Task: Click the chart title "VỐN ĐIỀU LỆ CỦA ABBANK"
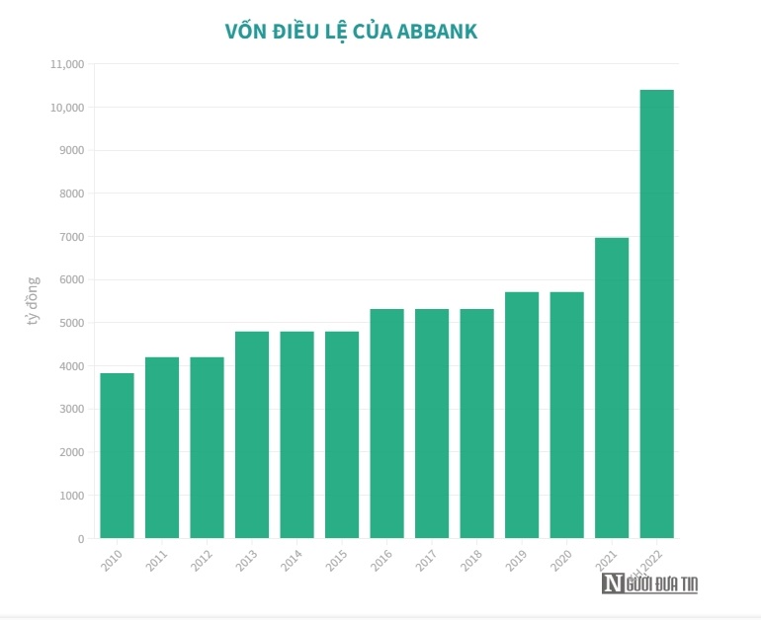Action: [x=352, y=32]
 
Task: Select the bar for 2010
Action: [x=117, y=455]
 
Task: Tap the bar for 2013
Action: [x=252, y=434]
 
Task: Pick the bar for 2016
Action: [x=386, y=424]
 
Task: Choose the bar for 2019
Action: [x=522, y=415]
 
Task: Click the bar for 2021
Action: [x=612, y=388]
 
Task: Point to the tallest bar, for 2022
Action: [x=657, y=314]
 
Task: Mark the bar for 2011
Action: [x=162, y=447]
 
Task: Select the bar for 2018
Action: [x=476, y=424]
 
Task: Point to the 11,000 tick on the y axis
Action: [x=67, y=64]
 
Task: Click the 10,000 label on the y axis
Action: [x=67, y=108]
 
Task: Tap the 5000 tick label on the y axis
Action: [x=71, y=323]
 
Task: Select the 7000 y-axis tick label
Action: [x=71, y=237]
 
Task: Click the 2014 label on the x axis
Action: [x=293, y=561]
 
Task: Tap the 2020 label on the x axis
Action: [x=562, y=561]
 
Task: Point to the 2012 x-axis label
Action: [x=203, y=561]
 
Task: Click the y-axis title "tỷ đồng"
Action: [x=33, y=301]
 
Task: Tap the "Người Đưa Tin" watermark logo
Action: [x=650, y=583]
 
